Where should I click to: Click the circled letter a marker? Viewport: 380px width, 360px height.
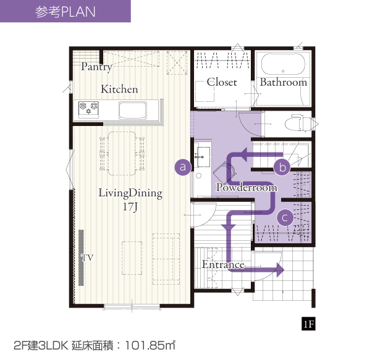[183, 167]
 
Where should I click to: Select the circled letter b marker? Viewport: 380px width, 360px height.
[282, 167]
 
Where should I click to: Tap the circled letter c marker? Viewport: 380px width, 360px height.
[285, 217]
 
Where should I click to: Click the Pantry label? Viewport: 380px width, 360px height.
[96, 67]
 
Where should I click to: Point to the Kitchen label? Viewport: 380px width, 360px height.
[119, 89]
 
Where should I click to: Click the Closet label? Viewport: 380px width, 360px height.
[222, 82]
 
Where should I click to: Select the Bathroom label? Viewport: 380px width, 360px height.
[284, 82]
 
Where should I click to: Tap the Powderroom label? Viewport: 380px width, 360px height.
[247, 187]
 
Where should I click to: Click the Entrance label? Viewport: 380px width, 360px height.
[223, 264]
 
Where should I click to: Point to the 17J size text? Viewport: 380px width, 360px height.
[130, 207]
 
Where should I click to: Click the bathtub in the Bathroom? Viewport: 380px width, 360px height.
[283, 64]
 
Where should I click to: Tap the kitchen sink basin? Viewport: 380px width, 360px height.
[133, 111]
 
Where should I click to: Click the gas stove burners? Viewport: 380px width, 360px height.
[88, 108]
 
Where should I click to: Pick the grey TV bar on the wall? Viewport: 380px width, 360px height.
[81, 257]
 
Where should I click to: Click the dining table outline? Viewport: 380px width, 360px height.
[122, 153]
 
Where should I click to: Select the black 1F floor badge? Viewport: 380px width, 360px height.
[308, 324]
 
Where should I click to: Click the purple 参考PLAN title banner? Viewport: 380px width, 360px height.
[65, 11]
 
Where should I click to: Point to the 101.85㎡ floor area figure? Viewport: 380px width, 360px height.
[150, 345]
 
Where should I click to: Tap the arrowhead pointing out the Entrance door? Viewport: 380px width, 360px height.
[280, 269]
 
